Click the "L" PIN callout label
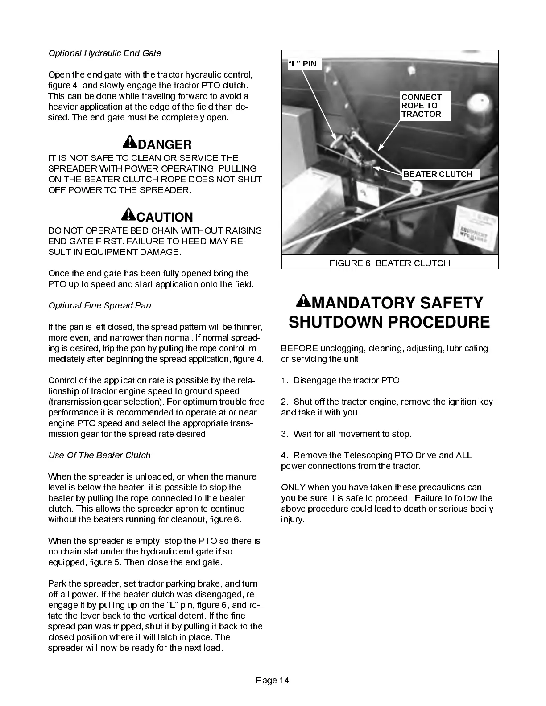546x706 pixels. (x=302, y=63)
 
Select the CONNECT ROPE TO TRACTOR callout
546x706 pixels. (x=422, y=106)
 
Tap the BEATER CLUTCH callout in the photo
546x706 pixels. (x=438, y=174)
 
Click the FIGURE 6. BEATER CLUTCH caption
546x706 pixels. (x=389, y=263)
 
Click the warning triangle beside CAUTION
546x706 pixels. (x=129, y=214)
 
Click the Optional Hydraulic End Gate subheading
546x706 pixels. (x=104, y=53)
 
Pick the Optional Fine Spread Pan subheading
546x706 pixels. (x=99, y=305)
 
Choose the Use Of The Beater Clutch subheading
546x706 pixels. (x=99, y=455)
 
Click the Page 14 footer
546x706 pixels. (x=273, y=680)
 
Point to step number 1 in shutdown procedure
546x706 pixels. (x=284, y=381)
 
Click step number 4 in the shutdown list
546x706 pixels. (x=284, y=456)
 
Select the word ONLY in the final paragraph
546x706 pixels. (x=293, y=487)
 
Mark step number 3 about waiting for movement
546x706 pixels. (x=284, y=434)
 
